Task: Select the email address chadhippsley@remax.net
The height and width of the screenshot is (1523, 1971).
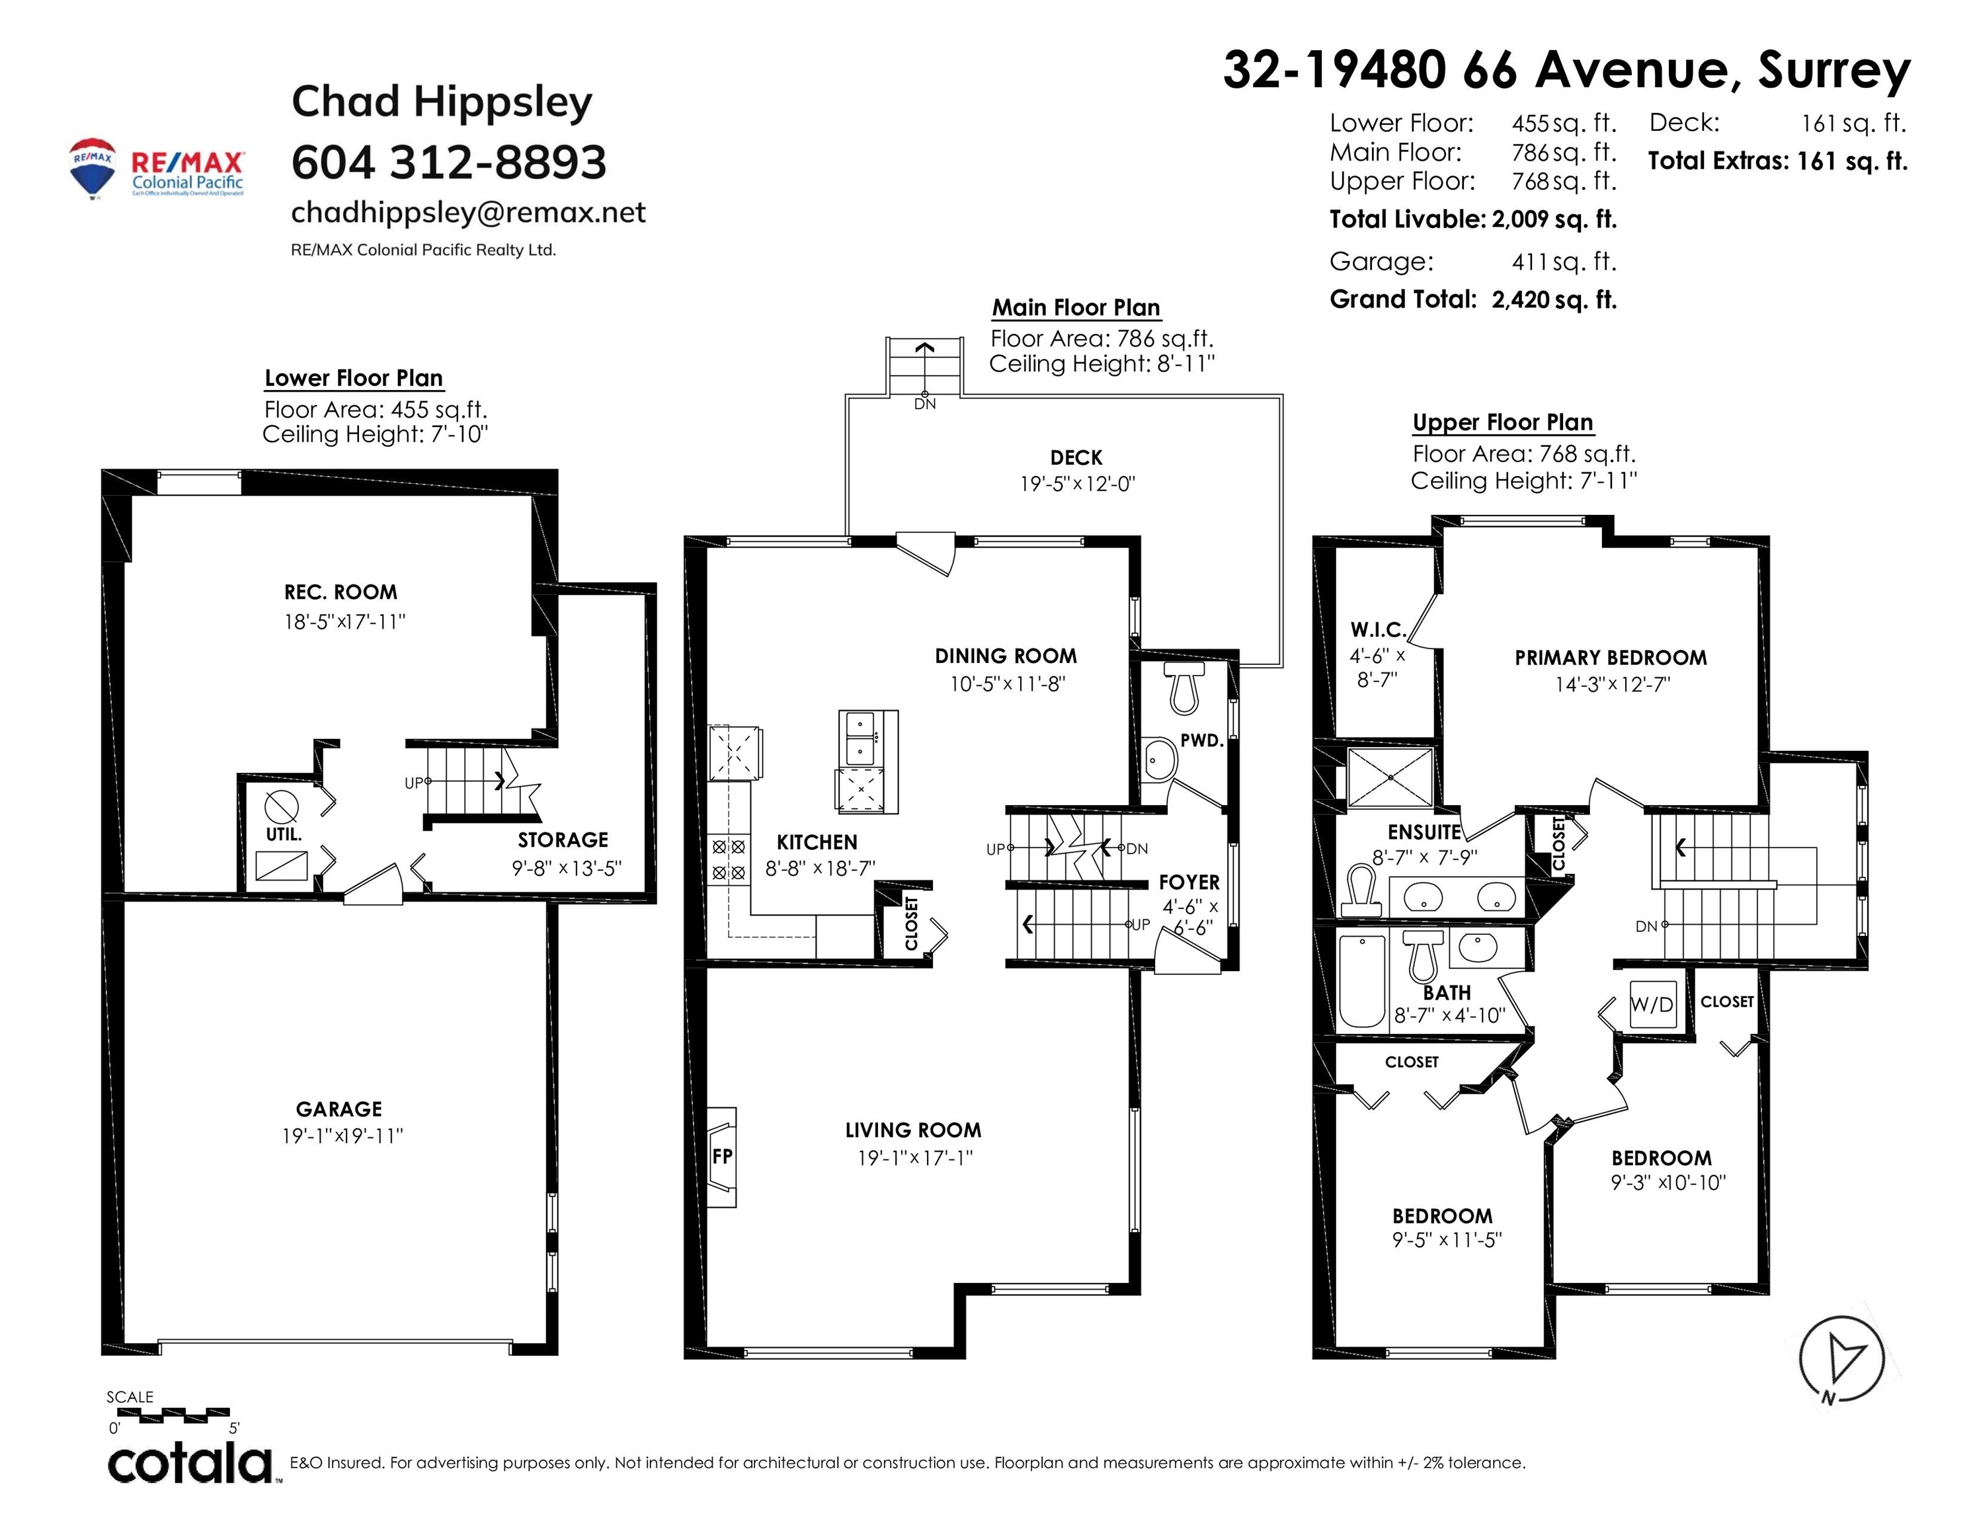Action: click(468, 212)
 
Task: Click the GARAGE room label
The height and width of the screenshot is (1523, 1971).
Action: click(339, 1109)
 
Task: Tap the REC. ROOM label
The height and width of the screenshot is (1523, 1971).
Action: click(341, 592)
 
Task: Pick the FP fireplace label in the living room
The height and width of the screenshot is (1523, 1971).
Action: click(722, 1155)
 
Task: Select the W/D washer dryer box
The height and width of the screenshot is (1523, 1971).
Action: click(1652, 1004)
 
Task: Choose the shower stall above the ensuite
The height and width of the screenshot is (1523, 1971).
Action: click(1390, 777)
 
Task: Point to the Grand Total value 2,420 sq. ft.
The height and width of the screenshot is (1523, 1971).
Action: click(1554, 299)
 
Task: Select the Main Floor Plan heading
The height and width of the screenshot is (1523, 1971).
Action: click(1076, 307)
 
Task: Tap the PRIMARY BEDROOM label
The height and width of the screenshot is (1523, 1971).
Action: click(1611, 658)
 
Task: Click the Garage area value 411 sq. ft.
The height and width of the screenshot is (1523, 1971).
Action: click(1564, 262)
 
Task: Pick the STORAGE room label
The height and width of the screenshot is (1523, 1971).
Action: click(563, 840)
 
